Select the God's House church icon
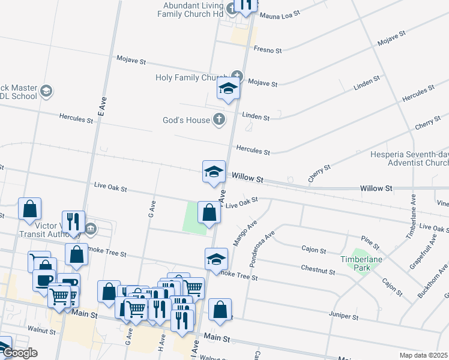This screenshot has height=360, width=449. (219, 119)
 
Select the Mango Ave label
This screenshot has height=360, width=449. (245, 233)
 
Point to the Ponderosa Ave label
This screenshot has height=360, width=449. (262, 247)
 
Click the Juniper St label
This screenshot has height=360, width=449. (343, 316)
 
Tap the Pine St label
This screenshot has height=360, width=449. (371, 243)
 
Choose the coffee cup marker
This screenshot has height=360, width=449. (43, 279)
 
